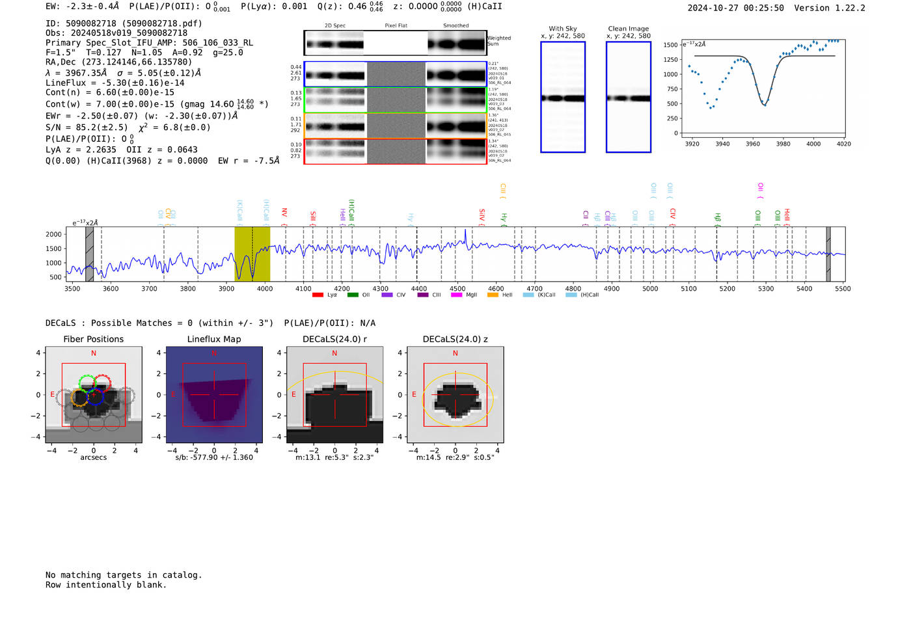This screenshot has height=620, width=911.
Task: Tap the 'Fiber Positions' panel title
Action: (x=93, y=339)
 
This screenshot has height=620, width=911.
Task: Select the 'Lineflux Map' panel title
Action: (x=214, y=339)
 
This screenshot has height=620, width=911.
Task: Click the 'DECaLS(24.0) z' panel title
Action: (x=455, y=339)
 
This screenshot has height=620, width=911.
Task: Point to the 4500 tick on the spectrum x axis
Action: (x=457, y=289)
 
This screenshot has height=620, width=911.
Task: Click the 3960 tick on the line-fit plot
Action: (x=753, y=144)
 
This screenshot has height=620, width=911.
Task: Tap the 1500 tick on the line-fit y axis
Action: (x=670, y=45)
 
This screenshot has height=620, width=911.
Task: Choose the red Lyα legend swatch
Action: (x=318, y=295)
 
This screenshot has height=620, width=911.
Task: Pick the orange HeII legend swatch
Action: (x=493, y=295)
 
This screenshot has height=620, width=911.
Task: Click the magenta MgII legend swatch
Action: (x=456, y=295)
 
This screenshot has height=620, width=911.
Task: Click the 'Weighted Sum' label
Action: (x=499, y=41)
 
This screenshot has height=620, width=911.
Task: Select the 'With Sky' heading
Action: (x=563, y=29)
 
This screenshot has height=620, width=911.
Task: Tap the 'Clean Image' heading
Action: (x=629, y=29)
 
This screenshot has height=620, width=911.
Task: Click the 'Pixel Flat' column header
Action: (x=396, y=26)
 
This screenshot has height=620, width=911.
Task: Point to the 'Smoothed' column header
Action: (x=455, y=26)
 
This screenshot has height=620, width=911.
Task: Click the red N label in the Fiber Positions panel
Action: (x=94, y=353)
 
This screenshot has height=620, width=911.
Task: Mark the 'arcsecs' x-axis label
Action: (x=94, y=457)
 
